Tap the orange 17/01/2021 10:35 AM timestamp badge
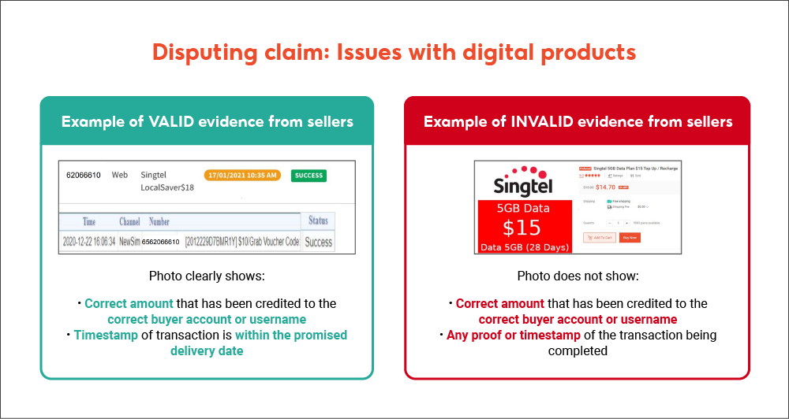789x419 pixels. tap(241, 175)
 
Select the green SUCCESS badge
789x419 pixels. tap(308, 176)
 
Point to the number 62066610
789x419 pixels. tap(83, 175)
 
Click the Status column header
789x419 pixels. tap(318, 221)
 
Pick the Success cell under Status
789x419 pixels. tap(318, 242)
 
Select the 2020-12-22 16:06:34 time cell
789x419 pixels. tap(88, 242)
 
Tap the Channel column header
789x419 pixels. tap(129, 222)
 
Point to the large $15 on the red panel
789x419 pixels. tap(522, 227)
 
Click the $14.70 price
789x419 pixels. tap(605, 187)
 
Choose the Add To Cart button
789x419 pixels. tap(599, 237)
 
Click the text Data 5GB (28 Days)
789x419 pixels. tap(522, 247)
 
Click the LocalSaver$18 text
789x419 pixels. tap(166, 187)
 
